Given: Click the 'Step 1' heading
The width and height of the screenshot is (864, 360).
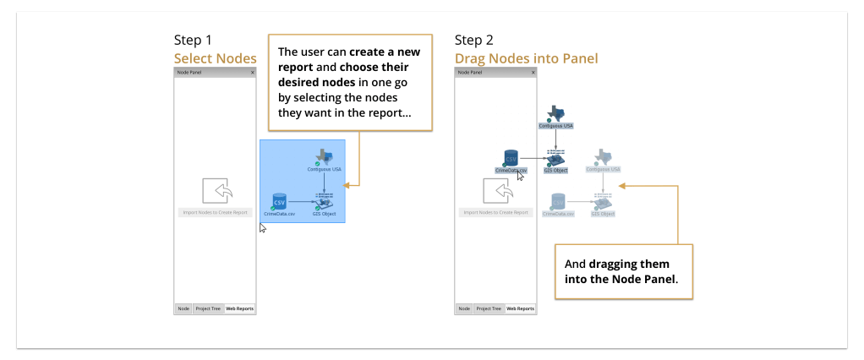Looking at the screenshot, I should point(193,40).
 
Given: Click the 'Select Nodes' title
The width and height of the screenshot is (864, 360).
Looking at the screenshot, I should point(215,58).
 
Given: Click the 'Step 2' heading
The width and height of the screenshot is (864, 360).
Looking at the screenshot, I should point(473,40).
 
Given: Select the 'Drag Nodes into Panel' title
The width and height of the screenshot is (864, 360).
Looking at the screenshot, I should point(526,58).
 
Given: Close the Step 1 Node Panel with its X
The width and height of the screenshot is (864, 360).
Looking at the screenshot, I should point(252,73).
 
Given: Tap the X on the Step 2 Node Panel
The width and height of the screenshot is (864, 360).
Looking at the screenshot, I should point(533,73).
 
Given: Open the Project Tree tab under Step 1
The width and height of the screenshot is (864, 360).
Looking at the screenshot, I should point(208,308).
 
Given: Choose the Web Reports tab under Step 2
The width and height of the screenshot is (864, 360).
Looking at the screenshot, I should point(520,308).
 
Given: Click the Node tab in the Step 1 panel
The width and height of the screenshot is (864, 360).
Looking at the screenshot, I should point(183,308).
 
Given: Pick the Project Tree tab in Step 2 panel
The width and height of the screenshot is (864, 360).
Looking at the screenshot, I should point(489,308).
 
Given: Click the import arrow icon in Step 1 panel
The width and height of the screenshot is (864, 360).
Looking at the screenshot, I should point(215,192).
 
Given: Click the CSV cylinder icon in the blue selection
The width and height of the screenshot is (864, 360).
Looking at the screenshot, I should point(279,201).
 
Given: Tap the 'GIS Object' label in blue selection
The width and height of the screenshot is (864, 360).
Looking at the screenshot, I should point(324,215).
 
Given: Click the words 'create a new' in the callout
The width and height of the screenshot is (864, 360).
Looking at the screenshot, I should point(385,52).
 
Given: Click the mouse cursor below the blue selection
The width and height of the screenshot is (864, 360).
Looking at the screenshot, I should point(263,228).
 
